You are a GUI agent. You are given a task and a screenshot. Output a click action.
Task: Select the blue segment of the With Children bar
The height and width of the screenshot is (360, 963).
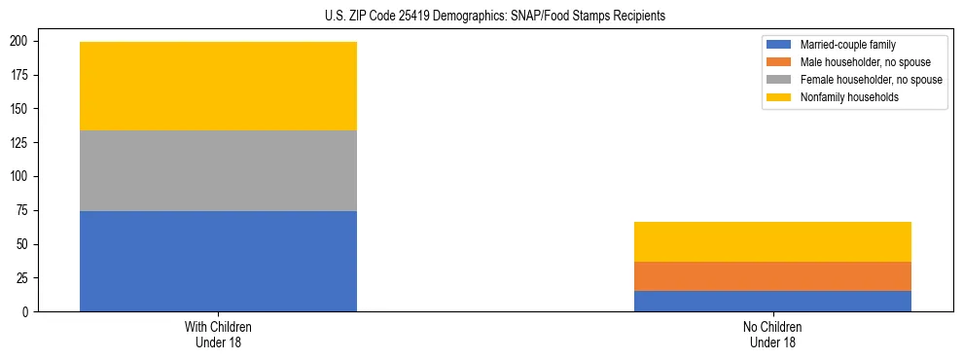(218, 261)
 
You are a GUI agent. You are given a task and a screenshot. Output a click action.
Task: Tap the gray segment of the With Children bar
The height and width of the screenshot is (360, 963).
(218, 170)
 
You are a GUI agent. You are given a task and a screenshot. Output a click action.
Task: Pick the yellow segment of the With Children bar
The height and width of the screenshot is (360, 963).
(218, 86)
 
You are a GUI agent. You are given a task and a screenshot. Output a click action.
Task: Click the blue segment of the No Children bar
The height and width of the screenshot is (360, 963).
(772, 301)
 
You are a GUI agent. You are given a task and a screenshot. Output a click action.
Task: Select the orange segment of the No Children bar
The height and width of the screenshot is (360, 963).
(772, 276)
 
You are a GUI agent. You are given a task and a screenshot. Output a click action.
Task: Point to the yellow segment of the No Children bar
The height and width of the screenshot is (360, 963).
(772, 241)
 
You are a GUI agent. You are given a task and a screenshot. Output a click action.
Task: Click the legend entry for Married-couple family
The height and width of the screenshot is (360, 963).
(843, 45)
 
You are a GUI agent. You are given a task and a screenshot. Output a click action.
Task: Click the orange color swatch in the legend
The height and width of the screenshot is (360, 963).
(779, 62)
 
